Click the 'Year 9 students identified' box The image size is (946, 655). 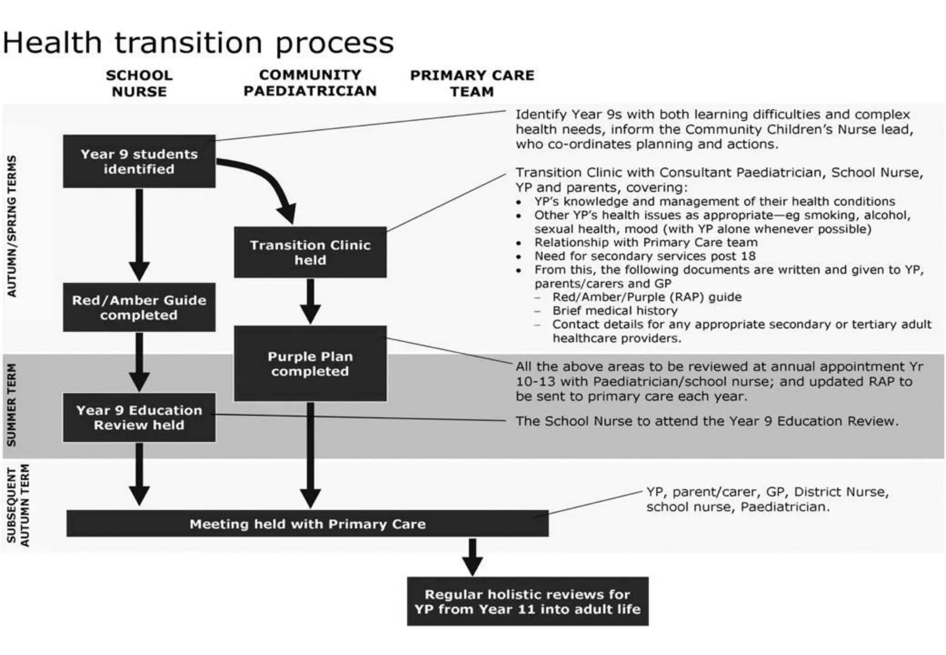139,161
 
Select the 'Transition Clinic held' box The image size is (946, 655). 310,252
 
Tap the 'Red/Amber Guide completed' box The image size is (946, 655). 139,307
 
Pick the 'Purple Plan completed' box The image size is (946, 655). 310,364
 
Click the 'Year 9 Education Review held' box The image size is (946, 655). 139,418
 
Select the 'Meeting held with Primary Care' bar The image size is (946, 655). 307,524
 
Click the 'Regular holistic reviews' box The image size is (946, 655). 528,601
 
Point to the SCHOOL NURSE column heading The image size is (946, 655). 139,83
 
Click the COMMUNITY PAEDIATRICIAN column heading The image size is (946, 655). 310,83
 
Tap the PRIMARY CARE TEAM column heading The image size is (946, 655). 472,83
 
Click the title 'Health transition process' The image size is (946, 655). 198,42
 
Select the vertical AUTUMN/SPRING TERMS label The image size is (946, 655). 12,226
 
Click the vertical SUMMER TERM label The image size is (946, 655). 12,405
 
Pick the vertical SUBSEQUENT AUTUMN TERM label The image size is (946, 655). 18,506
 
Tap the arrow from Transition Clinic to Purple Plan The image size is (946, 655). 310,301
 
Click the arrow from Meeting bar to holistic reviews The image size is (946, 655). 472,557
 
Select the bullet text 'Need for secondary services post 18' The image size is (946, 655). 645,256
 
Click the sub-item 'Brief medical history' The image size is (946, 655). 615,310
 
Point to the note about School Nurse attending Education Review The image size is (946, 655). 707,421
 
